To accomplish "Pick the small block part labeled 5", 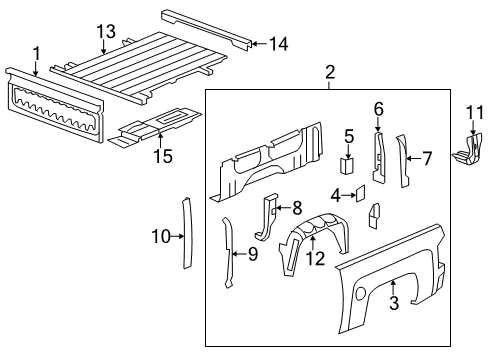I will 349,165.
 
